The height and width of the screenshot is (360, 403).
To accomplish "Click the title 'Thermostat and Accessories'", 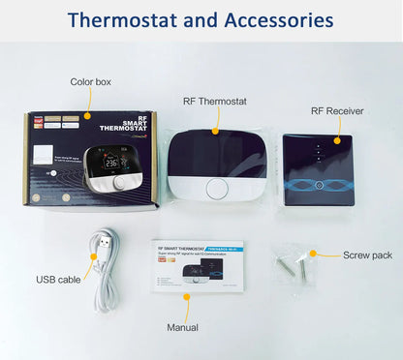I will click(201, 20).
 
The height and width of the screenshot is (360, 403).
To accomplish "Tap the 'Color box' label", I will click(90, 82).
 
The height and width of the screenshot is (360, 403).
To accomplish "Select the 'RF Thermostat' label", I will click(215, 100).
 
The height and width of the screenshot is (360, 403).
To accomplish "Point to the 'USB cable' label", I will click(59, 280).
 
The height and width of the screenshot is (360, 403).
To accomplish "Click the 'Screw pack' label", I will click(367, 255).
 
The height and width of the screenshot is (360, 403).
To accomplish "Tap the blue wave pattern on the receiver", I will click(332, 184).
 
